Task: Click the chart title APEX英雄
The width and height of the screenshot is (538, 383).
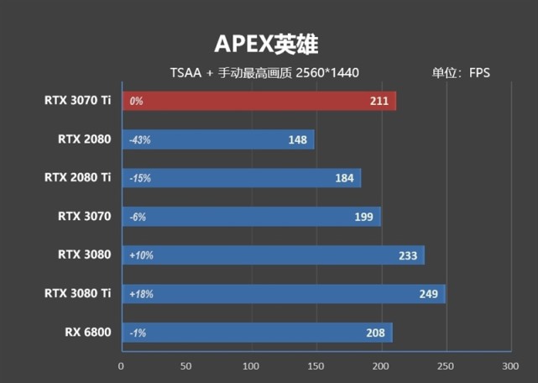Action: pyautogui.click(x=268, y=43)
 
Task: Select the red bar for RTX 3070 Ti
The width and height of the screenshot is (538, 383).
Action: pyautogui.click(x=259, y=102)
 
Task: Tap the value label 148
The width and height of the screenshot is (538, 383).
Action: pyautogui.click(x=297, y=139)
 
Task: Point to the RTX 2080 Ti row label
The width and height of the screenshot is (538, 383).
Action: pyautogui.click(x=77, y=177)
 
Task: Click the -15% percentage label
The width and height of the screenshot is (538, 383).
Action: pyautogui.click(x=139, y=178)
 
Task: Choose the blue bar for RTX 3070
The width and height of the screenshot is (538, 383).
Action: pyautogui.click(x=251, y=217)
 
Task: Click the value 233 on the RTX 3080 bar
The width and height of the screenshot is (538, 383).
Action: pyautogui.click(x=407, y=255)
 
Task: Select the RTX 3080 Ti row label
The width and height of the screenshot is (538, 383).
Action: pyautogui.click(x=77, y=293)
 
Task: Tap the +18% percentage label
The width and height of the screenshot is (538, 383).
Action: pyautogui.click(x=141, y=294)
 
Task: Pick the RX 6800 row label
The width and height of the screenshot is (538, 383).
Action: pyautogui.click(x=86, y=332)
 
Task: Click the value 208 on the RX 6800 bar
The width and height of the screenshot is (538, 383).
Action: pyautogui.click(x=375, y=333)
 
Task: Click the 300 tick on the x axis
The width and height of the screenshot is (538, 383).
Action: pyautogui.click(x=510, y=366)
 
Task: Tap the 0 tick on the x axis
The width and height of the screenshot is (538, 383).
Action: pyautogui.click(x=122, y=366)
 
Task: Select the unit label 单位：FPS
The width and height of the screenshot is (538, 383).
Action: pyautogui.click(x=460, y=73)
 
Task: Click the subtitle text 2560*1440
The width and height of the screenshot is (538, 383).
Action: pyautogui.click(x=327, y=73)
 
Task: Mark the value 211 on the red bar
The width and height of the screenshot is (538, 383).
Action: pyautogui.click(x=379, y=102)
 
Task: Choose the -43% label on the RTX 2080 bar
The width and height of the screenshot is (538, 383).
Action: pyautogui.click(x=139, y=140)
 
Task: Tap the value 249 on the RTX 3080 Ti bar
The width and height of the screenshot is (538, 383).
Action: pyautogui.click(x=428, y=294)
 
